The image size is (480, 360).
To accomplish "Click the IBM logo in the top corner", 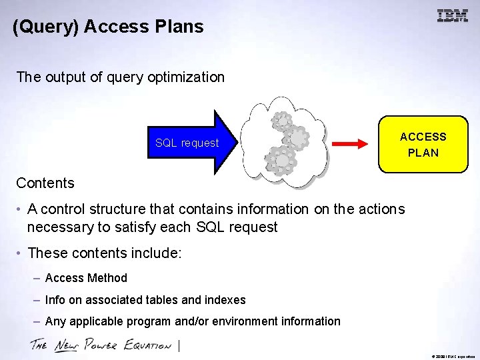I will pos(452,16).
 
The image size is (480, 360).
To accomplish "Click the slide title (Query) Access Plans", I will pos(108,27).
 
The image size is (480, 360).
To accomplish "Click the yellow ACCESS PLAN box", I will pos(423,145).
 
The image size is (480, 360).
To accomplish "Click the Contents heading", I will pos(45,183).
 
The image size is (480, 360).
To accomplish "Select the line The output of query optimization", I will pos(121,77).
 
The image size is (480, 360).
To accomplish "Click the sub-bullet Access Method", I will pos(86,278).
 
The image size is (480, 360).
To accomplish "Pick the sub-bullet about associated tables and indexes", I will pos(145,300).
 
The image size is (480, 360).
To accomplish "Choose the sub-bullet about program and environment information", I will pos(193,321).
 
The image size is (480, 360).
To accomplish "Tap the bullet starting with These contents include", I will pos(105,253).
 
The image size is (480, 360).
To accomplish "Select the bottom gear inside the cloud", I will pos(281,160).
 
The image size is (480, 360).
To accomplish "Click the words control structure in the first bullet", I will pos(91,209).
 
